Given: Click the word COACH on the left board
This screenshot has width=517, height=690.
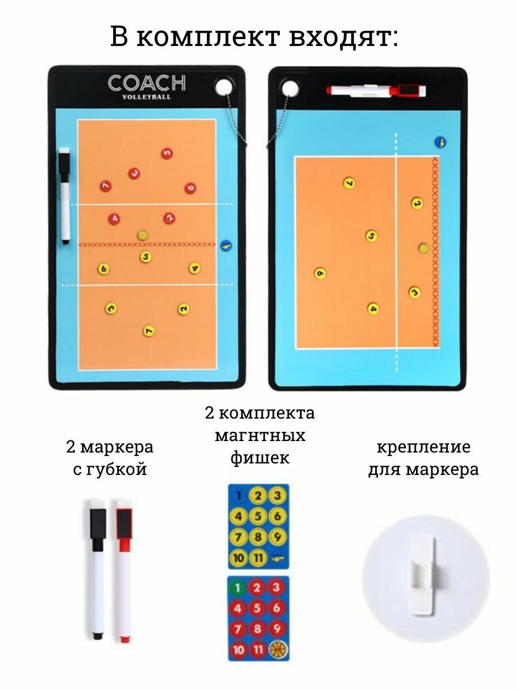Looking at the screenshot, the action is tap(146, 83).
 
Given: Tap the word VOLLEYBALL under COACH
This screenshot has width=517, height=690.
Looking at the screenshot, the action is tap(146, 97).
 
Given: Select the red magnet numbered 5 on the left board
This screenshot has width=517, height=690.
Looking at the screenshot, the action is tap(167, 153).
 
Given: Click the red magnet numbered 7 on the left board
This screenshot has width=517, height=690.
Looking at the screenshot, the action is tap(105, 186).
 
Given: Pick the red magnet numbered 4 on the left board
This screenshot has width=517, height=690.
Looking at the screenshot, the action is tap(114, 218).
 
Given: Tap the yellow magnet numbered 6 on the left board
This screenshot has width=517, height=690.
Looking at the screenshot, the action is tap(103, 269).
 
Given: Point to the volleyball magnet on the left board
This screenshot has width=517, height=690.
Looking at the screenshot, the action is tap(142, 235).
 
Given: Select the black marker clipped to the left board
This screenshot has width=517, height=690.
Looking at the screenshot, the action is tap(65, 195).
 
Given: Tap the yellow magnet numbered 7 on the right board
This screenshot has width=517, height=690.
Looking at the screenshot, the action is tap(349, 183).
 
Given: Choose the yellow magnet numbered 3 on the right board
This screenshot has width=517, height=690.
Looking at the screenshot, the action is tap(414, 292).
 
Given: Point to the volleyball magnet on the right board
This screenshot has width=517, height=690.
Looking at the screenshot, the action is tap(423, 248).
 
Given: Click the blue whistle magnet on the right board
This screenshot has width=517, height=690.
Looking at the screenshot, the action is tap(441, 142).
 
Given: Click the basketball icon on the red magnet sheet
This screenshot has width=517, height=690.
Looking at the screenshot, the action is tap(278, 650).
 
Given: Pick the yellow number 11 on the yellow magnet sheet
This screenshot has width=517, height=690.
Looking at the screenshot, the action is tap(258, 557).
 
